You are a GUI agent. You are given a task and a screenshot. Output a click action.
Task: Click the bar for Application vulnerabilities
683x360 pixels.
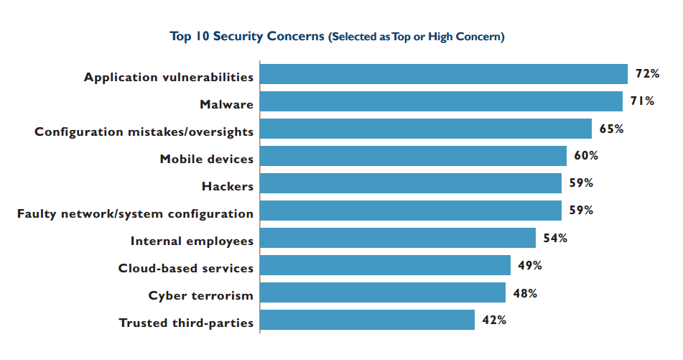443,74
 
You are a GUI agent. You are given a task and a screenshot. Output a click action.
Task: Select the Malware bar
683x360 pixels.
440,101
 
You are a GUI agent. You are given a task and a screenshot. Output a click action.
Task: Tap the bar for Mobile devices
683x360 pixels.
413,156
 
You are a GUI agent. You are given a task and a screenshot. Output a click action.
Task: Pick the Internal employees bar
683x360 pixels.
397,238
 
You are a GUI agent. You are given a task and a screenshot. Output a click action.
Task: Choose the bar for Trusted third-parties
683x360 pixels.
367,320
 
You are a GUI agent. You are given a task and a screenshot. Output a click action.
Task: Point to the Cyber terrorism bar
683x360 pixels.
382,292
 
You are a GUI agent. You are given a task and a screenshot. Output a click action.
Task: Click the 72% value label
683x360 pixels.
647,73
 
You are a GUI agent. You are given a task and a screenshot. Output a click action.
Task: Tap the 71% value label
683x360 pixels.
642,101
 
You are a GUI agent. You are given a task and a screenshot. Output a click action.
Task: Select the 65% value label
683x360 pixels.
612,129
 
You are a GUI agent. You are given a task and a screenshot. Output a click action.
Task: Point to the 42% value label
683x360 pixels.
494,320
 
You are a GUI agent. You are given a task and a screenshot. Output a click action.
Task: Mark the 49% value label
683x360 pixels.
530,265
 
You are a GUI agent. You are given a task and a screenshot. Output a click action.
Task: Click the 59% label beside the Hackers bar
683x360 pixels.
581,183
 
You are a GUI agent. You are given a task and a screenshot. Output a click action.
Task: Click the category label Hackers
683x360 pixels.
228,186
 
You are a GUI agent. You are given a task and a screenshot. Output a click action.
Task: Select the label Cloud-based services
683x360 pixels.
186,268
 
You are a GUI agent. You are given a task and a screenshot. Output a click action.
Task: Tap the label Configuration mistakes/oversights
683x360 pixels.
144,131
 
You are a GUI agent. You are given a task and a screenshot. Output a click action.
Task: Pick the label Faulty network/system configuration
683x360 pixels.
135,213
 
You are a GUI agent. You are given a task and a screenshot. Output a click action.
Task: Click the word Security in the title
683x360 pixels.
237,36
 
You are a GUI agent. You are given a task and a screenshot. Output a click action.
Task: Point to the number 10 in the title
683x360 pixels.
202,36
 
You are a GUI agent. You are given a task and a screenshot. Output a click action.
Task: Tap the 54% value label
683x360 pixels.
555,238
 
